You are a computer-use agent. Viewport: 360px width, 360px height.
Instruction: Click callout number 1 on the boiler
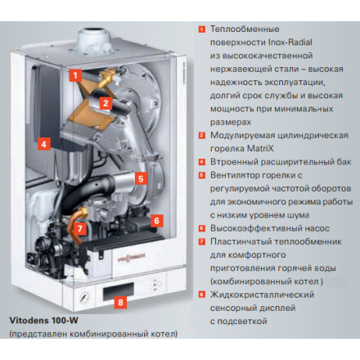click(x=74, y=75)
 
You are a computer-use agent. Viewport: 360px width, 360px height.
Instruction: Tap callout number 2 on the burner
click(x=106, y=103)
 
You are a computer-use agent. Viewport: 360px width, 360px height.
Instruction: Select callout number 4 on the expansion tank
click(x=44, y=142)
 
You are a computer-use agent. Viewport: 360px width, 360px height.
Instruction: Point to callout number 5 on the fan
click(x=140, y=178)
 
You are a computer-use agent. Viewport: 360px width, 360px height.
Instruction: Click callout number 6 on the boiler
click(x=157, y=220)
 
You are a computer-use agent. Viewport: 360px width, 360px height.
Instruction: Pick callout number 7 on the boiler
click(x=79, y=228)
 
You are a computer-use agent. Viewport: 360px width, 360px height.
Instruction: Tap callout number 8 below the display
click(x=122, y=302)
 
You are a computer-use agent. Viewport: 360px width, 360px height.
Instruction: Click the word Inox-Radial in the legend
click(x=287, y=42)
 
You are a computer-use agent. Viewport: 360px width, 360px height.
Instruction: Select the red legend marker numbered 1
click(x=201, y=29)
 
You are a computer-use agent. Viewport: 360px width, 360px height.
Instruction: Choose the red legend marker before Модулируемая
click(x=201, y=135)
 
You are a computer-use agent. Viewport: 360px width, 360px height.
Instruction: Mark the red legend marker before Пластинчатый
click(x=201, y=241)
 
